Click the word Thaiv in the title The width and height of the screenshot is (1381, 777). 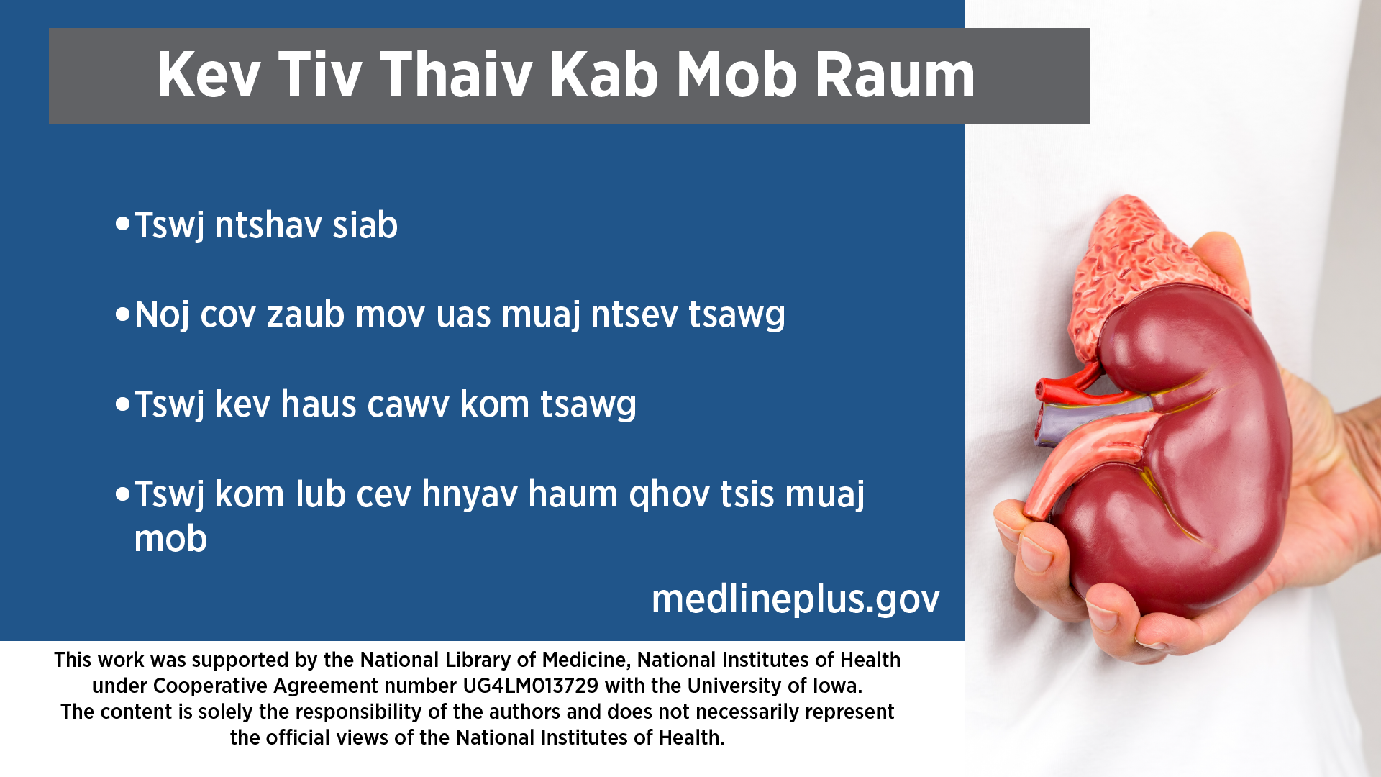[456, 75]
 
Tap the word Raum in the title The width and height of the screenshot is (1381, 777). [895, 75]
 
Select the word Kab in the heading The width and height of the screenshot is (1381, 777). [604, 75]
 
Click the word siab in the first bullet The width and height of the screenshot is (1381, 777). [365, 225]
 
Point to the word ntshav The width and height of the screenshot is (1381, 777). [268, 225]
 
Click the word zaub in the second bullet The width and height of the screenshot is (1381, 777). [306, 315]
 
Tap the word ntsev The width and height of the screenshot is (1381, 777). [634, 315]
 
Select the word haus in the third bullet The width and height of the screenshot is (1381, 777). [319, 404]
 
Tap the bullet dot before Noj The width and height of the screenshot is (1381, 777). [122, 314]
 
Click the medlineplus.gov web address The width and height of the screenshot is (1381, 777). [796, 599]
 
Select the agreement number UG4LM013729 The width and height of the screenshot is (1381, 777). [531, 686]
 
